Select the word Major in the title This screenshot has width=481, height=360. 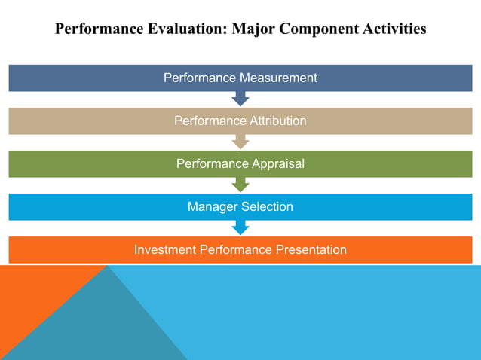255,29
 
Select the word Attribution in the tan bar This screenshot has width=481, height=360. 277,121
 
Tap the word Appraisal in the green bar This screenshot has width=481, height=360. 276,163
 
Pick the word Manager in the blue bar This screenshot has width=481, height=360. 212,206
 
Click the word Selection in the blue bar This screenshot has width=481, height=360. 267,206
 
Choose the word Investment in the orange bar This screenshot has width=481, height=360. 165,249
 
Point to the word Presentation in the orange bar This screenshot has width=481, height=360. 308,249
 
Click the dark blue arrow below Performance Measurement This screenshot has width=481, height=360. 240,99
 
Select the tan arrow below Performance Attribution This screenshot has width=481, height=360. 240,142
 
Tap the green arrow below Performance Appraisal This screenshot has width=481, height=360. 240,185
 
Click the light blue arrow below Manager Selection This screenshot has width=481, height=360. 240,227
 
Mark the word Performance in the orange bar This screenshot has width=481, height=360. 234,249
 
